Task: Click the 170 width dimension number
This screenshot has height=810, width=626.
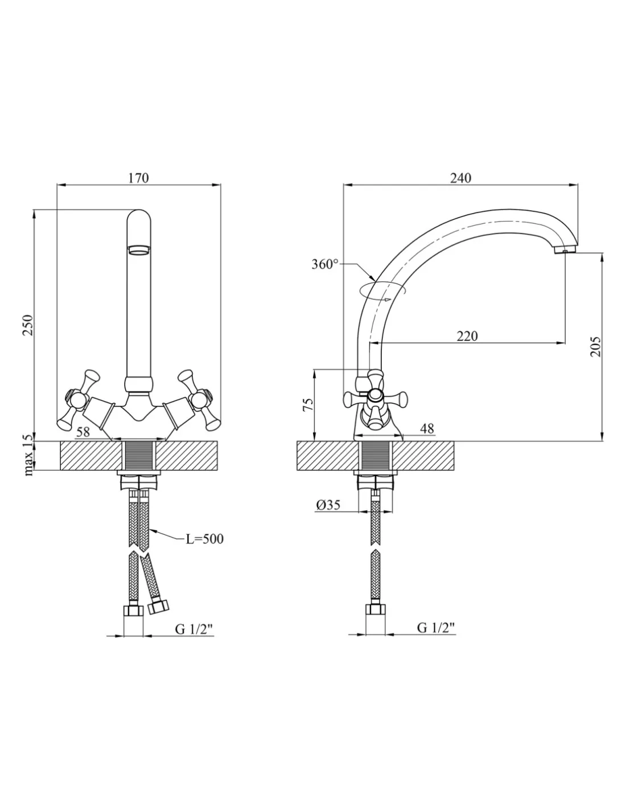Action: [138, 178]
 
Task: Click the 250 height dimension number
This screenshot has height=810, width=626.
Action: [28, 325]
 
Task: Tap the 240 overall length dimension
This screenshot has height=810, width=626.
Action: [460, 178]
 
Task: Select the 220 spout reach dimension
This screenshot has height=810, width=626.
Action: [467, 336]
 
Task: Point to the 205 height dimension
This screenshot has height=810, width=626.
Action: [596, 347]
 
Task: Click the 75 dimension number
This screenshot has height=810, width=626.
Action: [308, 404]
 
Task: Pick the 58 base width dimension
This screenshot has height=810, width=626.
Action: [83, 432]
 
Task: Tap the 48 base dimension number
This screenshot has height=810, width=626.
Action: [427, 429]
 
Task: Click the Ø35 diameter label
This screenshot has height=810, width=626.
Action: [328, 505]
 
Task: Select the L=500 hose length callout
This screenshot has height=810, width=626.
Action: [205, 539]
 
